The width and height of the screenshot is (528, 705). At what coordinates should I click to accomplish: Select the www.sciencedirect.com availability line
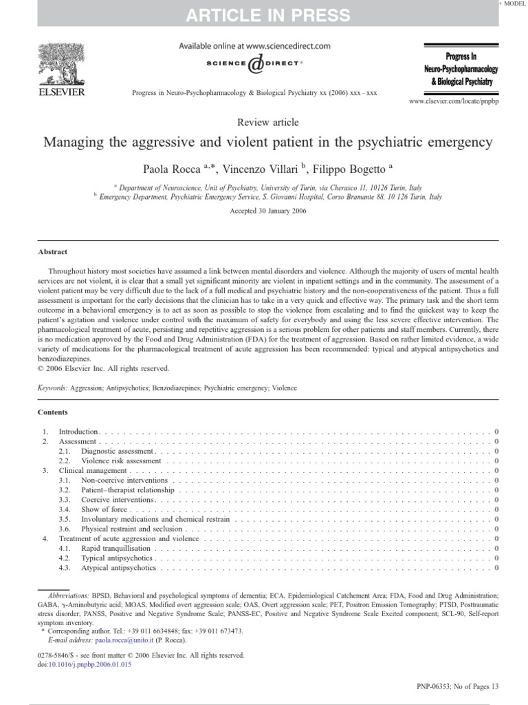pyautogui.click(x=254, y=46)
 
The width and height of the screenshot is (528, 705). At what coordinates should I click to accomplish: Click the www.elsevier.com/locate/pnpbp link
pyautogui.click(x=453, y=101)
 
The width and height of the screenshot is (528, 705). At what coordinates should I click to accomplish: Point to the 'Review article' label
pyautogui.click(x=267, y=123)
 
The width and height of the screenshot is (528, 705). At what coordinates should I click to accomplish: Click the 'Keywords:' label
pyautogui.click(x=53, y=388)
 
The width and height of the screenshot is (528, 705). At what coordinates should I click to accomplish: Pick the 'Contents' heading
pyautogui.click(x=53, y=412)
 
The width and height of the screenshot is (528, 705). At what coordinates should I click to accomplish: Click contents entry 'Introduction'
pyautogui.click(x=78, y=431)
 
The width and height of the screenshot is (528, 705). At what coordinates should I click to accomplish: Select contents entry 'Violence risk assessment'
pyautogui.click(x=121, y=461)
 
